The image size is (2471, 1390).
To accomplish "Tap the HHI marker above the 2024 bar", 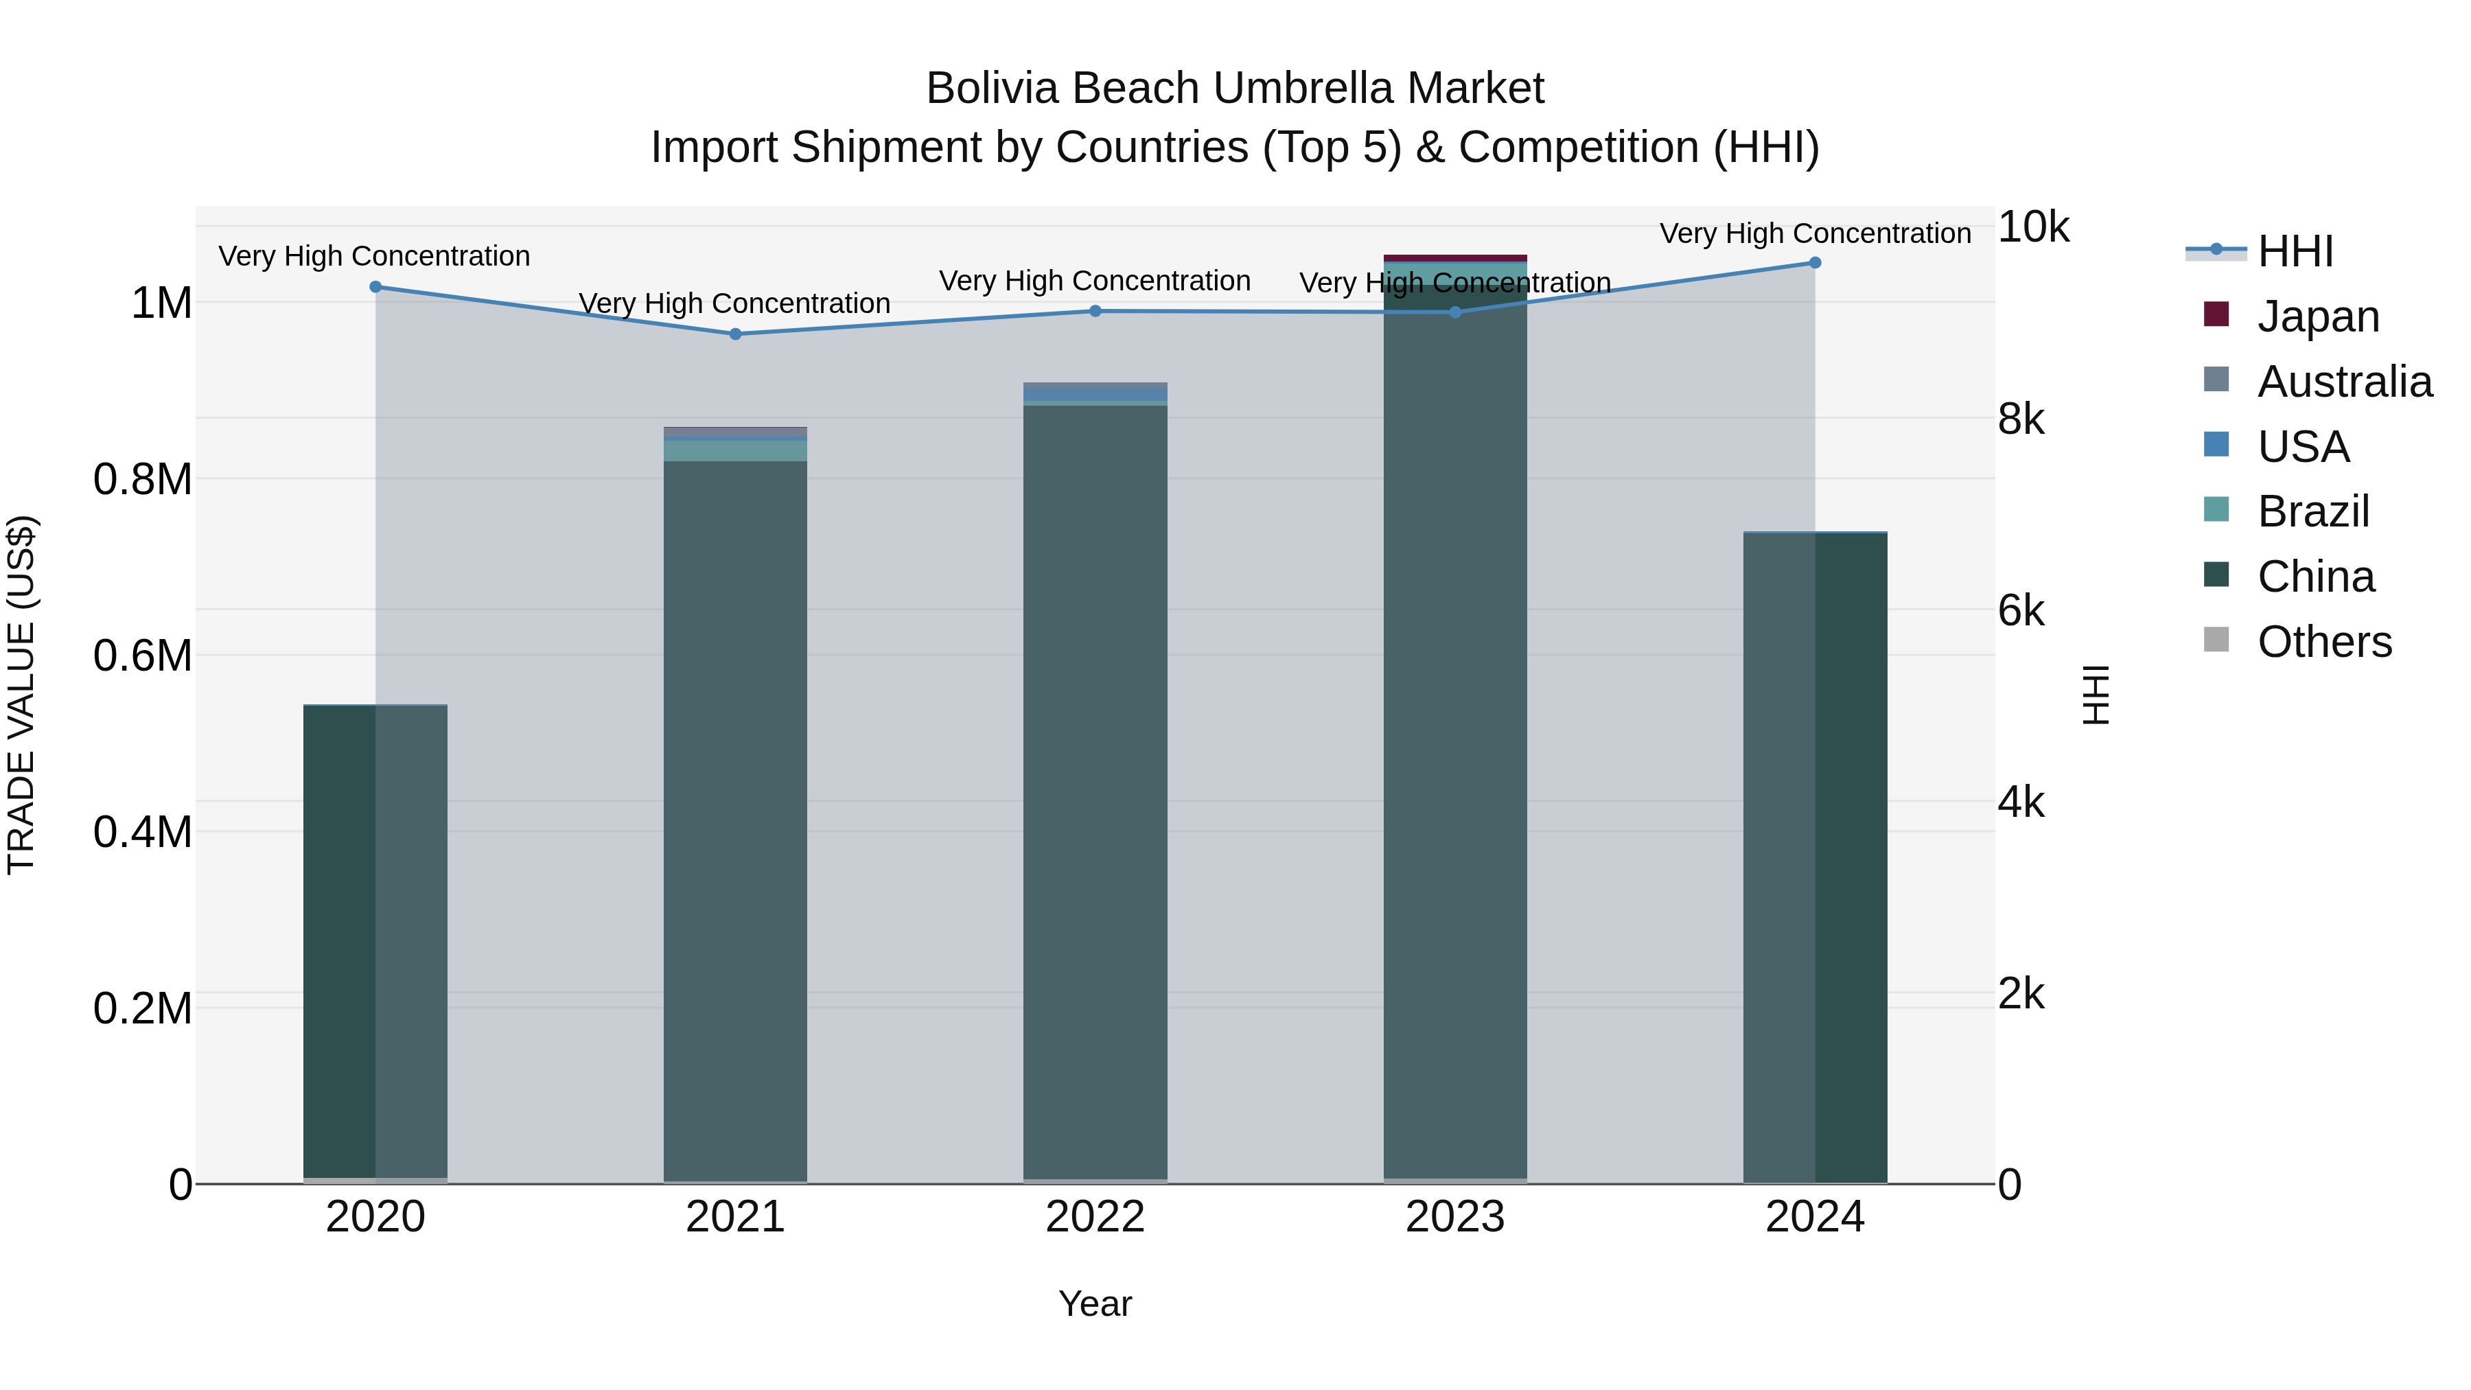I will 1814,263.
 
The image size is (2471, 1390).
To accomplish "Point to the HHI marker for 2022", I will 1095,311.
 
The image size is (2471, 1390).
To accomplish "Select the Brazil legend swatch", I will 2216,509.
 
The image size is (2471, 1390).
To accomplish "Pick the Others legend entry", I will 2324,642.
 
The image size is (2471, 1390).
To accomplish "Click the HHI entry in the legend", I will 2295,251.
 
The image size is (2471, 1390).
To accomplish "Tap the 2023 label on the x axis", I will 1454,1217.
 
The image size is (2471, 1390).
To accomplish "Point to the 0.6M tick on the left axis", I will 142,656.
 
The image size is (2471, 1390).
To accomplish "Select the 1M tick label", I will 161,303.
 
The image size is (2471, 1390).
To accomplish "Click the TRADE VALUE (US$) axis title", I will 21,695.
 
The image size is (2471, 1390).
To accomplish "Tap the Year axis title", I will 1095,1304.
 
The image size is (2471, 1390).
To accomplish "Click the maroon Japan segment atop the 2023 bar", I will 1454,258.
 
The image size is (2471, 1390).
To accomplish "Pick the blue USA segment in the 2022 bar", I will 1095,394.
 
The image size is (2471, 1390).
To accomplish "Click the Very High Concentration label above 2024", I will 1815,233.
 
